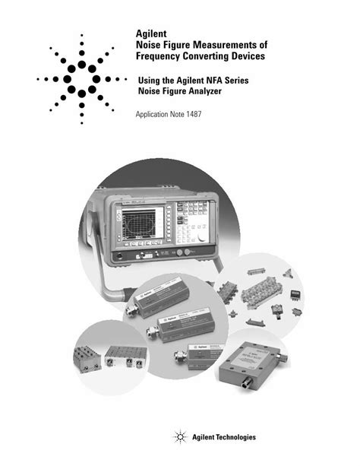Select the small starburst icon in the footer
[x=180, y=438]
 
